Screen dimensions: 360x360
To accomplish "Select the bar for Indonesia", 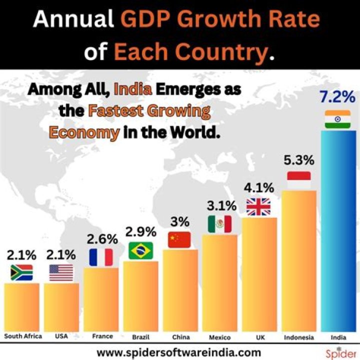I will coord(299,260).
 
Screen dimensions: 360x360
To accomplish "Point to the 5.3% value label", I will coord(299,160).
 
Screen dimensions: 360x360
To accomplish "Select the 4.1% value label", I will coord(259,188).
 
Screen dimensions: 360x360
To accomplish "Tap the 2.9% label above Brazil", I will coord(140,232).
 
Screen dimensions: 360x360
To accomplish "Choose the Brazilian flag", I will coord(140,250).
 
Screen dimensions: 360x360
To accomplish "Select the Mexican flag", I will coord(219,224).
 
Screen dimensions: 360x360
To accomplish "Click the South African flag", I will coord(21,272).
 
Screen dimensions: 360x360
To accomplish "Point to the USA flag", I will coord(61,272).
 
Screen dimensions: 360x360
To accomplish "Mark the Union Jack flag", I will coord(258,206).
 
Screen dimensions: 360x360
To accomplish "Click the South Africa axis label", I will coord(22,336).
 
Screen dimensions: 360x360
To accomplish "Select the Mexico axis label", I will coord(219,336).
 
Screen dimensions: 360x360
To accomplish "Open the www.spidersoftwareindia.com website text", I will coord(179,352).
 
